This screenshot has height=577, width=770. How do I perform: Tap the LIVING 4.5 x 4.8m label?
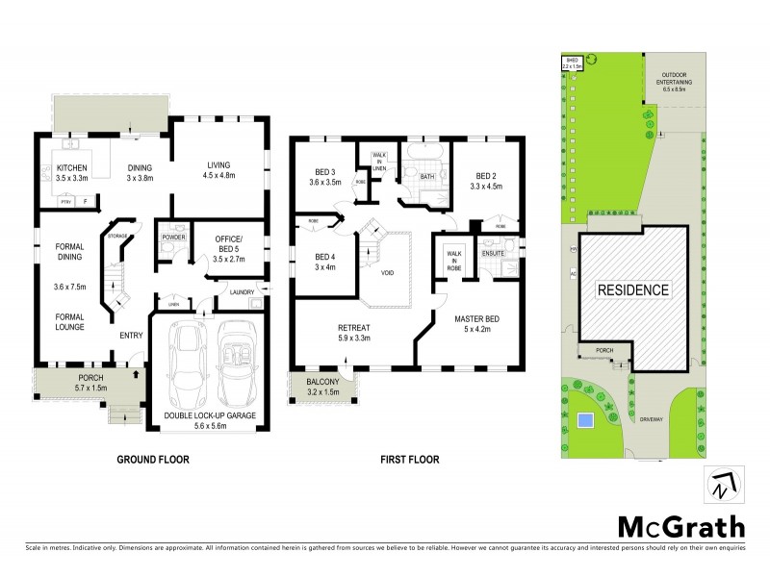point(221,169)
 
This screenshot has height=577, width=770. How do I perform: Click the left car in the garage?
point(187,363)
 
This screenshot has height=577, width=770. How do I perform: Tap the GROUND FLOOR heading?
point(153,460)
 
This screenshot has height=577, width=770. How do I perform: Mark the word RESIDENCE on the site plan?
point(632,288)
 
